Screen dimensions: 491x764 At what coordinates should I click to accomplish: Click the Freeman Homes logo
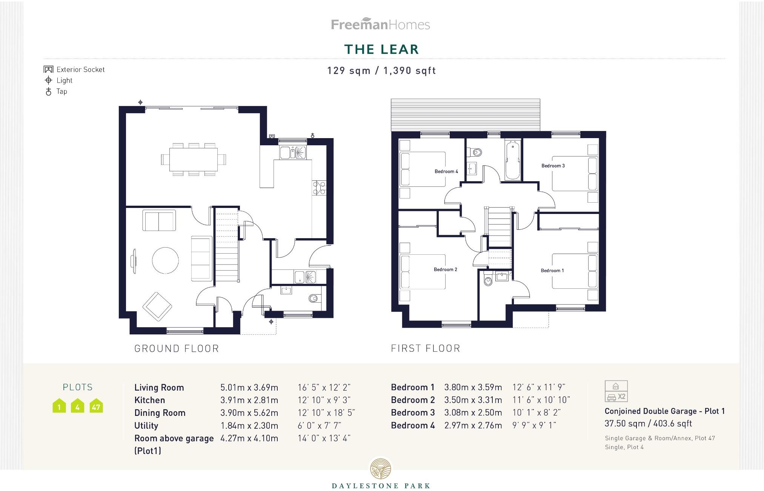(x=380, y=25)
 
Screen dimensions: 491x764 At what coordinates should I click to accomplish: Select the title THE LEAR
(x=381, y=49)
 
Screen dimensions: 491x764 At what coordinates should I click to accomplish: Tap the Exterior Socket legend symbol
(x=48, y=69)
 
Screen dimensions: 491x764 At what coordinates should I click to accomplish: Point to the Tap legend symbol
(x=48, y=91)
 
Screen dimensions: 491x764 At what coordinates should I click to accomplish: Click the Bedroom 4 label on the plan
(x=446, y=171)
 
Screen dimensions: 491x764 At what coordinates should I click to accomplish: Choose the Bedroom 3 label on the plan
(x=553, y=166)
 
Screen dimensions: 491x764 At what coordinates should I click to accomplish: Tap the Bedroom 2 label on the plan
(x=445, y=269)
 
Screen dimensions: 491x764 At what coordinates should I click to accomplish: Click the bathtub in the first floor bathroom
(x=512, y=160)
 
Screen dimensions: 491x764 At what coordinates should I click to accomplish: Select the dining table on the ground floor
(x=193, y=159)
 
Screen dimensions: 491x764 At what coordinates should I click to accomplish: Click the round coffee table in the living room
(x=165, y=260)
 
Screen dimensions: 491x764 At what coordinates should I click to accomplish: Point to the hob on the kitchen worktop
(x=319, y=188)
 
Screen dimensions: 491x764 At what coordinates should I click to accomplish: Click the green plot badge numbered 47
(x=96, y=406)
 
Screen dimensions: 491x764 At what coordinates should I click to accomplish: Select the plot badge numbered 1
(x=59, y=406)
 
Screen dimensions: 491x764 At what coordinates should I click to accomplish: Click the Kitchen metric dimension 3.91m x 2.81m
(x=249, y=400)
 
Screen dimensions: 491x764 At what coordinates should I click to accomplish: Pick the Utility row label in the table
(x=146, y=425)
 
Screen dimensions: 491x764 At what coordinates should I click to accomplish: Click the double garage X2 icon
(x=616, y=391)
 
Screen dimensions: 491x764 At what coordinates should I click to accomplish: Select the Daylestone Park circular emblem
(x=381, y=469)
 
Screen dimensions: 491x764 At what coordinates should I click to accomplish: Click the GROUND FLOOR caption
(x=177, y=348)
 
